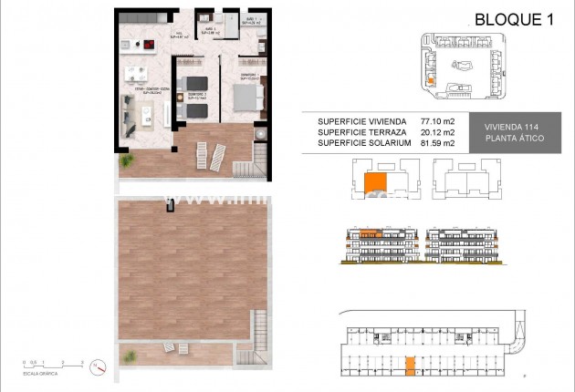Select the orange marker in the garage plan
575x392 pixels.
[x=410, y=365]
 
